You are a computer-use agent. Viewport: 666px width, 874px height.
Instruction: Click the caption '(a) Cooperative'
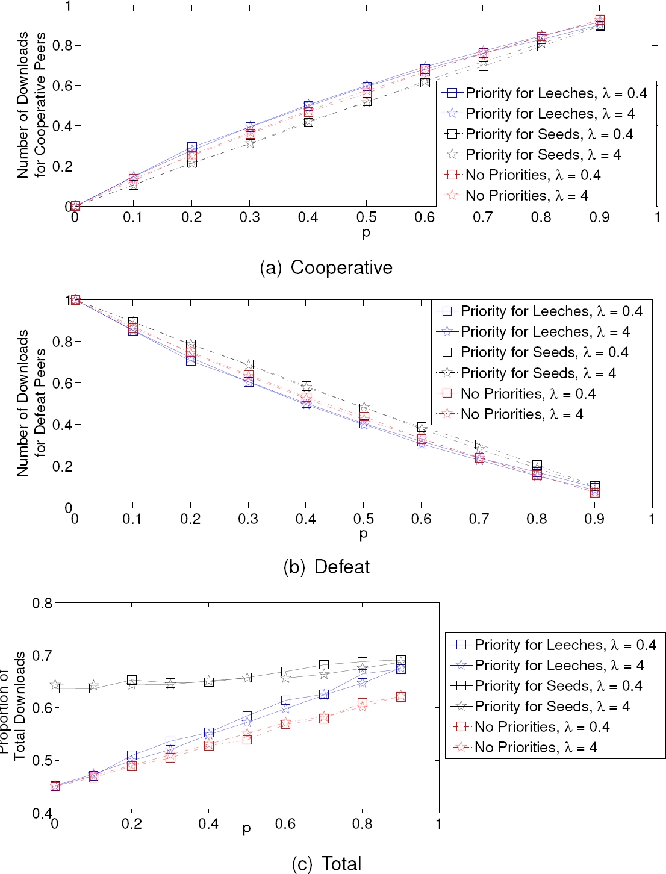326,267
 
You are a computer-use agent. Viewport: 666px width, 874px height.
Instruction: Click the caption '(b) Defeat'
326,567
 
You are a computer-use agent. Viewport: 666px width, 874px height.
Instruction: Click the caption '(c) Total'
326,864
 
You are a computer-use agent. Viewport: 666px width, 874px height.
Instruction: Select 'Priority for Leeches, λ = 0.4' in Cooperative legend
556,93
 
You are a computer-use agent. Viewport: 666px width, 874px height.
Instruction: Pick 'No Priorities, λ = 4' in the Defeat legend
521,414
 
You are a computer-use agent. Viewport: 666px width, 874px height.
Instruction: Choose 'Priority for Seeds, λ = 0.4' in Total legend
558,686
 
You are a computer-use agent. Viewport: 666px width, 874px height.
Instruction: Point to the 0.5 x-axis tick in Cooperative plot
366,217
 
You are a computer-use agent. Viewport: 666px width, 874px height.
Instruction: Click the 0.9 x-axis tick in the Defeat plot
594,519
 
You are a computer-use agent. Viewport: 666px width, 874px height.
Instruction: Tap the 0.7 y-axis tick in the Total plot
42,655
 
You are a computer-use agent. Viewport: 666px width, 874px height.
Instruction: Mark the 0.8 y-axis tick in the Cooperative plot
62,46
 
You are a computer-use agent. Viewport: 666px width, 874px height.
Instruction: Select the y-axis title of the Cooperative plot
31,105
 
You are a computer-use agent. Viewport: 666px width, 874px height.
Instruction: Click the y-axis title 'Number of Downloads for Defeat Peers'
31,403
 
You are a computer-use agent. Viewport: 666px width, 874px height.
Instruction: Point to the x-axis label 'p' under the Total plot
246,829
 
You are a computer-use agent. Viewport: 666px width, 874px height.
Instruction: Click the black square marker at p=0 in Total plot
55,687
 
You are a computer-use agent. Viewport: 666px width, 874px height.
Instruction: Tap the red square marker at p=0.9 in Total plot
401,696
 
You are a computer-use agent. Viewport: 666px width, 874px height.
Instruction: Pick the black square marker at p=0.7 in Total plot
324,665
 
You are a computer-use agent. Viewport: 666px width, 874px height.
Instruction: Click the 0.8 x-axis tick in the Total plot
362,824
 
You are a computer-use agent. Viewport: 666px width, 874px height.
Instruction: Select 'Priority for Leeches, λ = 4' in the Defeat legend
545,332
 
